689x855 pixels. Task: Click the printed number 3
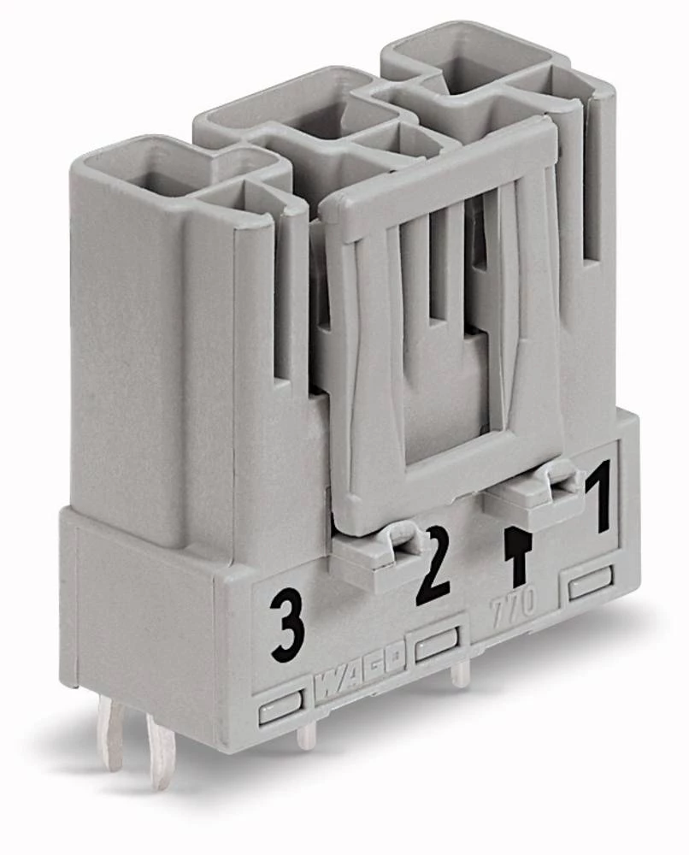pos(286,630)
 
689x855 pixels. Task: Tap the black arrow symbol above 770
pos(516,555)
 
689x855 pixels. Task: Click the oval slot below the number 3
pos(280,706)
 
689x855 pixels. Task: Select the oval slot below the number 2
pos(436,646)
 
